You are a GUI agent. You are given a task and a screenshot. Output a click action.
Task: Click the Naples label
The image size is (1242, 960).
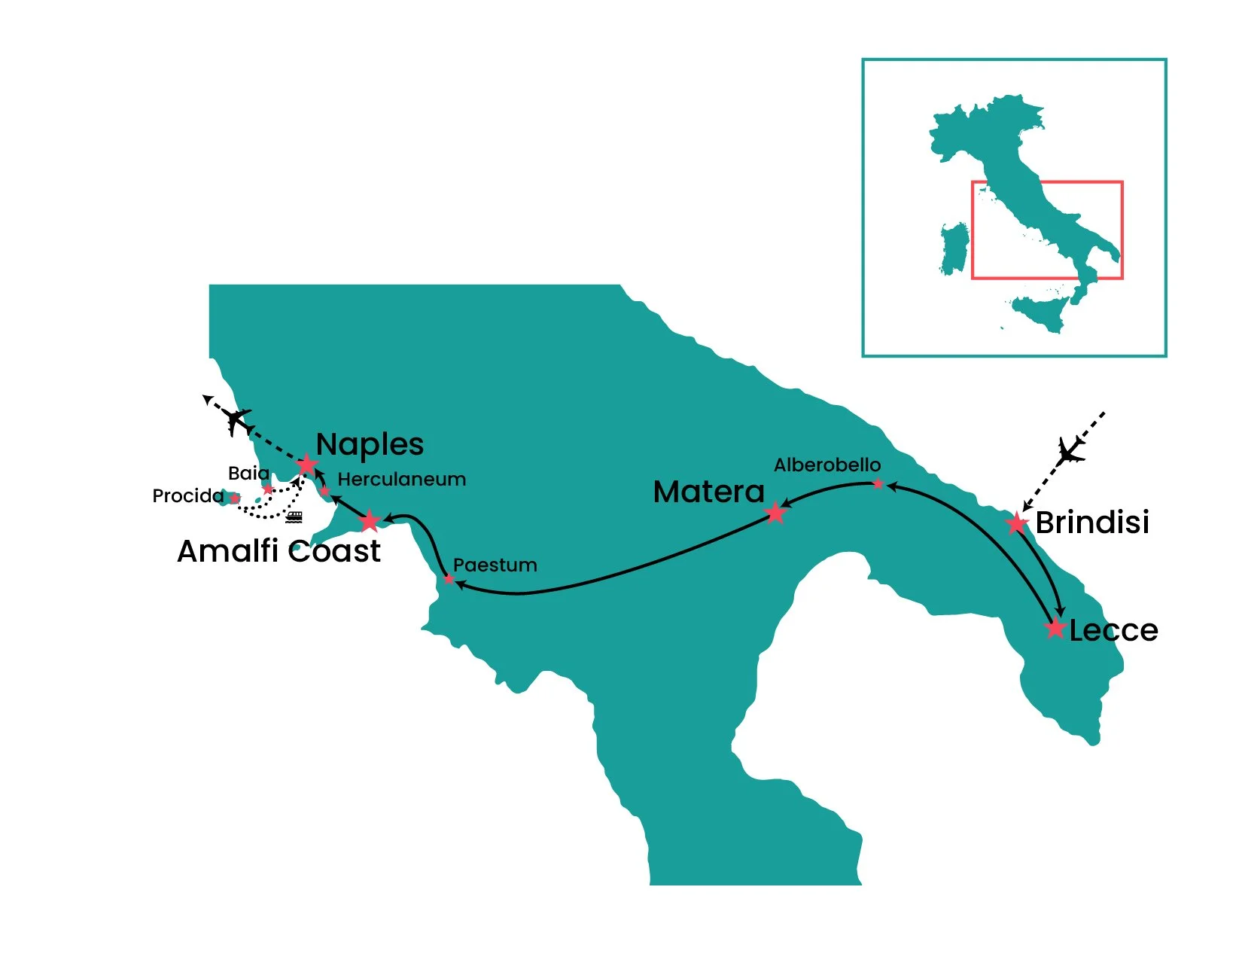pyautogui.click(x=370, y=444)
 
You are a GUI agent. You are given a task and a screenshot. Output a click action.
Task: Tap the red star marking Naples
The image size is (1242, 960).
pyautogui.click(x=306, y=465)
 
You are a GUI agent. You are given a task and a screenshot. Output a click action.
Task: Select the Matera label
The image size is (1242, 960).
pyautogui.click(x=708, y=492)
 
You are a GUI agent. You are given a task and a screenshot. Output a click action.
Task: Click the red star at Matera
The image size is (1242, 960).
pyautogui.click(x=775, y=514)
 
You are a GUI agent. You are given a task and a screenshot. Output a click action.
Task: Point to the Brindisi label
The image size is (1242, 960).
pyautogui.click(x=1092, y=523)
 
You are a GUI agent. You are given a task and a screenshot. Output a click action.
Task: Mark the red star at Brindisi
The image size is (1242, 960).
pyautogui.click(x=1017, y=523)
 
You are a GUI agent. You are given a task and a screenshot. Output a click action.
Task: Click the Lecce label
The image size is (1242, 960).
pyautogui.click(x=1113, y=630)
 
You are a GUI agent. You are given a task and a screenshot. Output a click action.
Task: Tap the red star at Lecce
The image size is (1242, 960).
pyautogui.click(x=1055, y=627)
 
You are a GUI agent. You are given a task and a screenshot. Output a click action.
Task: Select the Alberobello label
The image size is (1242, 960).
pyautogui.click(x=826, y=465)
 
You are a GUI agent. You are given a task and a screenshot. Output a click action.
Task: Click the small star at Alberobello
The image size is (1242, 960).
pyautogui.click(x=878, y=484)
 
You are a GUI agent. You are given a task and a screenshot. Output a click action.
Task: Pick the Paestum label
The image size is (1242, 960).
pyautogui.click(x=495, y=565)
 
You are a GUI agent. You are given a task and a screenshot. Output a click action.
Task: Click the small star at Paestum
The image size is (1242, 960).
pyautogui.click(x=449, y=579)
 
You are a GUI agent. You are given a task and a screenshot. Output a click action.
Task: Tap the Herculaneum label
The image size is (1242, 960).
pyautogui.click(x=401, y=480)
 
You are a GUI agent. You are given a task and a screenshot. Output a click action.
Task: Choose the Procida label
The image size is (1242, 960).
pyautogui.click(x=187, y=496)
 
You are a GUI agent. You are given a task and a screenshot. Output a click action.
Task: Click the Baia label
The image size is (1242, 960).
pyautogui.click(x=248, y=474)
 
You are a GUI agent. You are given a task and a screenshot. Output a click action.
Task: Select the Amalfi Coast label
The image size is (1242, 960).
pyautogui.click(x=279, y=551)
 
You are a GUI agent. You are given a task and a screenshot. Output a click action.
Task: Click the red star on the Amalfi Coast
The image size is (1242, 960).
pyautogui.click(x=369, y=521)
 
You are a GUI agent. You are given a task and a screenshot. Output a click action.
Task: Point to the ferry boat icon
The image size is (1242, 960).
pyautogui.click(x=294, y=517)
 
